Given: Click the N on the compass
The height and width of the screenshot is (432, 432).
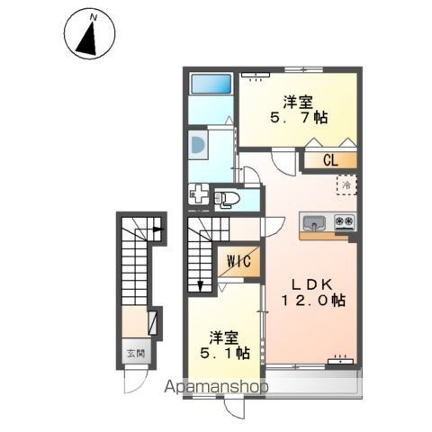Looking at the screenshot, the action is [x=94, y=18].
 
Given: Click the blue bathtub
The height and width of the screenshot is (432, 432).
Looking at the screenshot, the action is [x=211, y=84].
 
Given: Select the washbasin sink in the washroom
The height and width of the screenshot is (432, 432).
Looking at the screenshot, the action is [x=198, y=145].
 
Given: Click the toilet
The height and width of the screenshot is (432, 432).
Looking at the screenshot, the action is [x=227, y=198].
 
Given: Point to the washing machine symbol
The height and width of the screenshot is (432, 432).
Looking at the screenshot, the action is [x=199, y=194].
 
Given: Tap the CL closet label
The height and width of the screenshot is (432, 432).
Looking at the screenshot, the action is [x=330, y=160].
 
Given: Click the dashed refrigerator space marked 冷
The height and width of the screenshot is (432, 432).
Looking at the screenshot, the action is [x=346, y=185].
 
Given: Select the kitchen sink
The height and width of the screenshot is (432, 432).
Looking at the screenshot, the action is [x=314, y=222].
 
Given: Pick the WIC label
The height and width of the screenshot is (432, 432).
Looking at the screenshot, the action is [x=239, y=261].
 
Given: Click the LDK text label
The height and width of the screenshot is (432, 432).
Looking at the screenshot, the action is [x=312, y=284].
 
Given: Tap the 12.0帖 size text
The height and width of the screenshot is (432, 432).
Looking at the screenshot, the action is [x=313, y=301].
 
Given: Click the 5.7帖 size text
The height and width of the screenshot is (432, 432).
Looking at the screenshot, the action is [x=299, y=118].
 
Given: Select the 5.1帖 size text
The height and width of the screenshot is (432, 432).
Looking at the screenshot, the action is [x=225, y=353].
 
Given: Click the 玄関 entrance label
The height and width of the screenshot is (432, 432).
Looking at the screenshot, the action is [x=136, y=354].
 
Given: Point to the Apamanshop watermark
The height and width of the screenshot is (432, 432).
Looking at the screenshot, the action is [x=216, y=386].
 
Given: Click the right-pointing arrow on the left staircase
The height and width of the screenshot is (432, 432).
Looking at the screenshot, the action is [x=158, y=229].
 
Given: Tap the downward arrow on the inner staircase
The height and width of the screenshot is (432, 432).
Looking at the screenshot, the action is [x=200, y=286].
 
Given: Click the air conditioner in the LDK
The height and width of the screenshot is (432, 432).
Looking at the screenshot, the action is [x=340, y=361].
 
